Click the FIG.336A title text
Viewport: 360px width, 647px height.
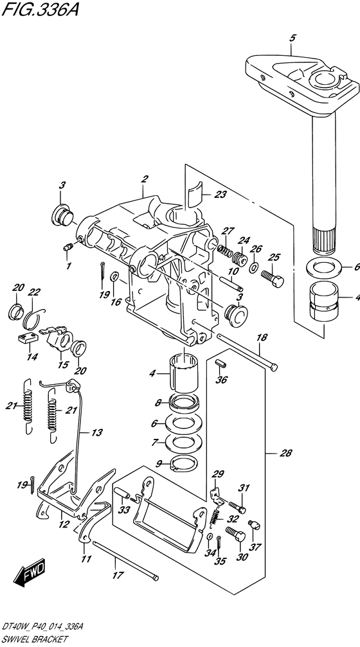click(x=39, y=9)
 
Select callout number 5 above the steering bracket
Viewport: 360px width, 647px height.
click(x=292, y=39)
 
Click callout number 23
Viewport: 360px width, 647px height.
click(x=220, y=194)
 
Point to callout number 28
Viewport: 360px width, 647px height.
click(x=285, y=453)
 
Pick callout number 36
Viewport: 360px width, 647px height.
click(x=221, y=380)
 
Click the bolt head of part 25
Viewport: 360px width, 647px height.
click(x=279, y=282)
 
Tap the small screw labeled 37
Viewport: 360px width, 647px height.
click(x=254, y=524)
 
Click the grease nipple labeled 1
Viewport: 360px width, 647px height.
click(x=68, y=247)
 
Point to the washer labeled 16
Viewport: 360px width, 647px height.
click(x=114, y=276)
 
